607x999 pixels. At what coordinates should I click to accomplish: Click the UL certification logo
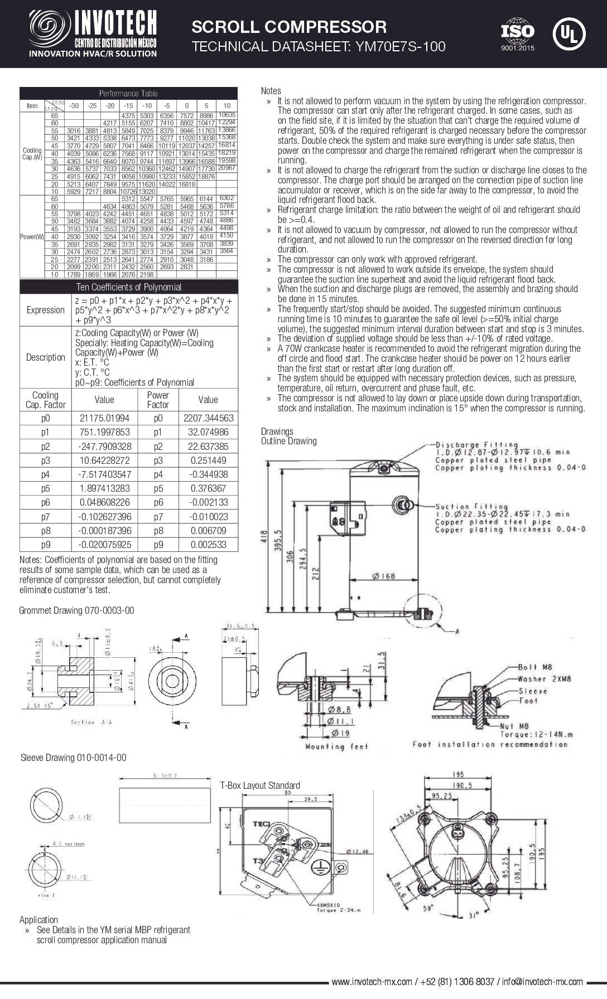(569, 33)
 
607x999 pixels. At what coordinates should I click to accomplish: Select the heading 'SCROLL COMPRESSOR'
(289, 27)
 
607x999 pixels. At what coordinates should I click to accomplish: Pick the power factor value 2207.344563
(208, 418)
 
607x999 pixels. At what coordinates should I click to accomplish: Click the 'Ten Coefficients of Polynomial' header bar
(128, 287)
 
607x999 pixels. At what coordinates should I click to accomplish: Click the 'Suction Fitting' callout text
(472, 507)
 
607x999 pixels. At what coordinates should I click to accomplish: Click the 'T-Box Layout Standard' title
(260, 785)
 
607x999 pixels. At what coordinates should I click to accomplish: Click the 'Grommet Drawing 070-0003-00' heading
(76, 610)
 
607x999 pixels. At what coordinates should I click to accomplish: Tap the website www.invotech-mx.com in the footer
(372, 982)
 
